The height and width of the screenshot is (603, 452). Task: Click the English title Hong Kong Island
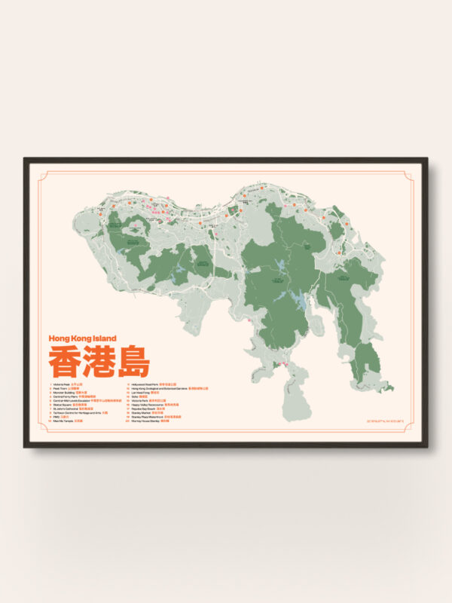[82, 338]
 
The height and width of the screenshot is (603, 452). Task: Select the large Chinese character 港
[99, 363]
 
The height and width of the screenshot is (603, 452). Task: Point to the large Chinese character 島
[133, 363]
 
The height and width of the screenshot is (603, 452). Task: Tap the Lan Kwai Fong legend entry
[145, 393]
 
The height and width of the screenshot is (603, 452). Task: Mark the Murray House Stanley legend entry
[150, 421]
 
